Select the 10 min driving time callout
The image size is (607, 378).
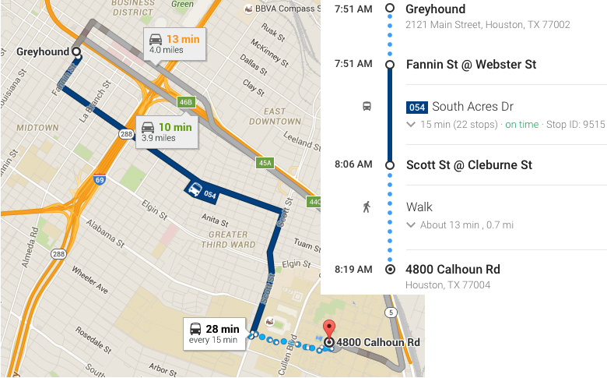167,132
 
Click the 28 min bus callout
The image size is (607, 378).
216,334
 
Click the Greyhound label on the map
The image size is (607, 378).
43,52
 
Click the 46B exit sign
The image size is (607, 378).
185,102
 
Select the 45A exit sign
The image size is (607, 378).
265,162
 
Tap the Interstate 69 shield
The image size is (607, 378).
99,180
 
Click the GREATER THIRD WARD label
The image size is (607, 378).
228,239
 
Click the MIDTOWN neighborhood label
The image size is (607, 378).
37,127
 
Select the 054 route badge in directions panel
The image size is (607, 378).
416,107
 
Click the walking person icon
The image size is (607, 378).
367,207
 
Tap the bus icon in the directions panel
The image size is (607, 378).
367,107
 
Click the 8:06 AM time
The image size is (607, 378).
354,164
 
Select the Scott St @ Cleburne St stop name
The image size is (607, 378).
468,164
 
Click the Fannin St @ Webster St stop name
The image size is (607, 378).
471,65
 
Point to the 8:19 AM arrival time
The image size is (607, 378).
354,270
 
